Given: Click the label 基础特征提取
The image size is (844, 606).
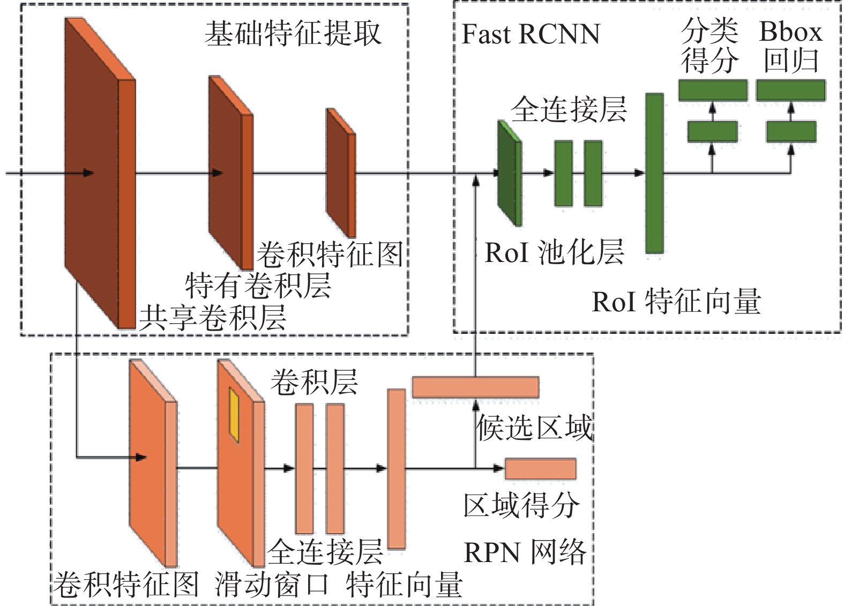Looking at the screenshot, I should click(x=293, y=33).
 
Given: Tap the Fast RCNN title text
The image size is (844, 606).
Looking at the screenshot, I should click(x=531, y=34).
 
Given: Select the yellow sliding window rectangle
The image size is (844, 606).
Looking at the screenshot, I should click(x=234, y=415).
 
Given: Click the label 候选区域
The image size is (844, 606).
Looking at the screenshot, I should click(x=534, y=428).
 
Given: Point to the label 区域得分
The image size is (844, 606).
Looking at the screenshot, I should click(x=521, y=505).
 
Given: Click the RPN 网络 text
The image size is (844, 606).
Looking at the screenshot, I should click(x=525, y=552).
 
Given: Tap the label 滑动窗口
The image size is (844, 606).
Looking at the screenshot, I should click(x=272, y=584).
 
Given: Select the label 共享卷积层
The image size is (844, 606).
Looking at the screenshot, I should click(x=213, y=317).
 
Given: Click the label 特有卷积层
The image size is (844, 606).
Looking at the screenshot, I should click(x=258, y=285).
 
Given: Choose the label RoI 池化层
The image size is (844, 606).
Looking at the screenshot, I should click(x=554, y=252).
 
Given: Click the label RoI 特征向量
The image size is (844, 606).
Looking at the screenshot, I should click(x=676, y=301).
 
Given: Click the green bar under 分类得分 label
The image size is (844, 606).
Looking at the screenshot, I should click(x=713, y=90).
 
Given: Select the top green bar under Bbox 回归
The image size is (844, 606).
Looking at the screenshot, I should click(x=790, y=90).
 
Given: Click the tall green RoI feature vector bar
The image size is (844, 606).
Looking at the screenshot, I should click(x=654, y=173).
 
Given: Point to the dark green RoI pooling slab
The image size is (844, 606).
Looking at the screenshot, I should click(x=509, y=173).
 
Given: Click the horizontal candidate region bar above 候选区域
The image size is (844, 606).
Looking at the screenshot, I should click(x=475, y=387).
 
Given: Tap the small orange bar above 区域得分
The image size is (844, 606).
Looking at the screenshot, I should click(x=540, y=468).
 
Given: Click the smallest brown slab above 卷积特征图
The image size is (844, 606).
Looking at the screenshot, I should click(x=341, y=173).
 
